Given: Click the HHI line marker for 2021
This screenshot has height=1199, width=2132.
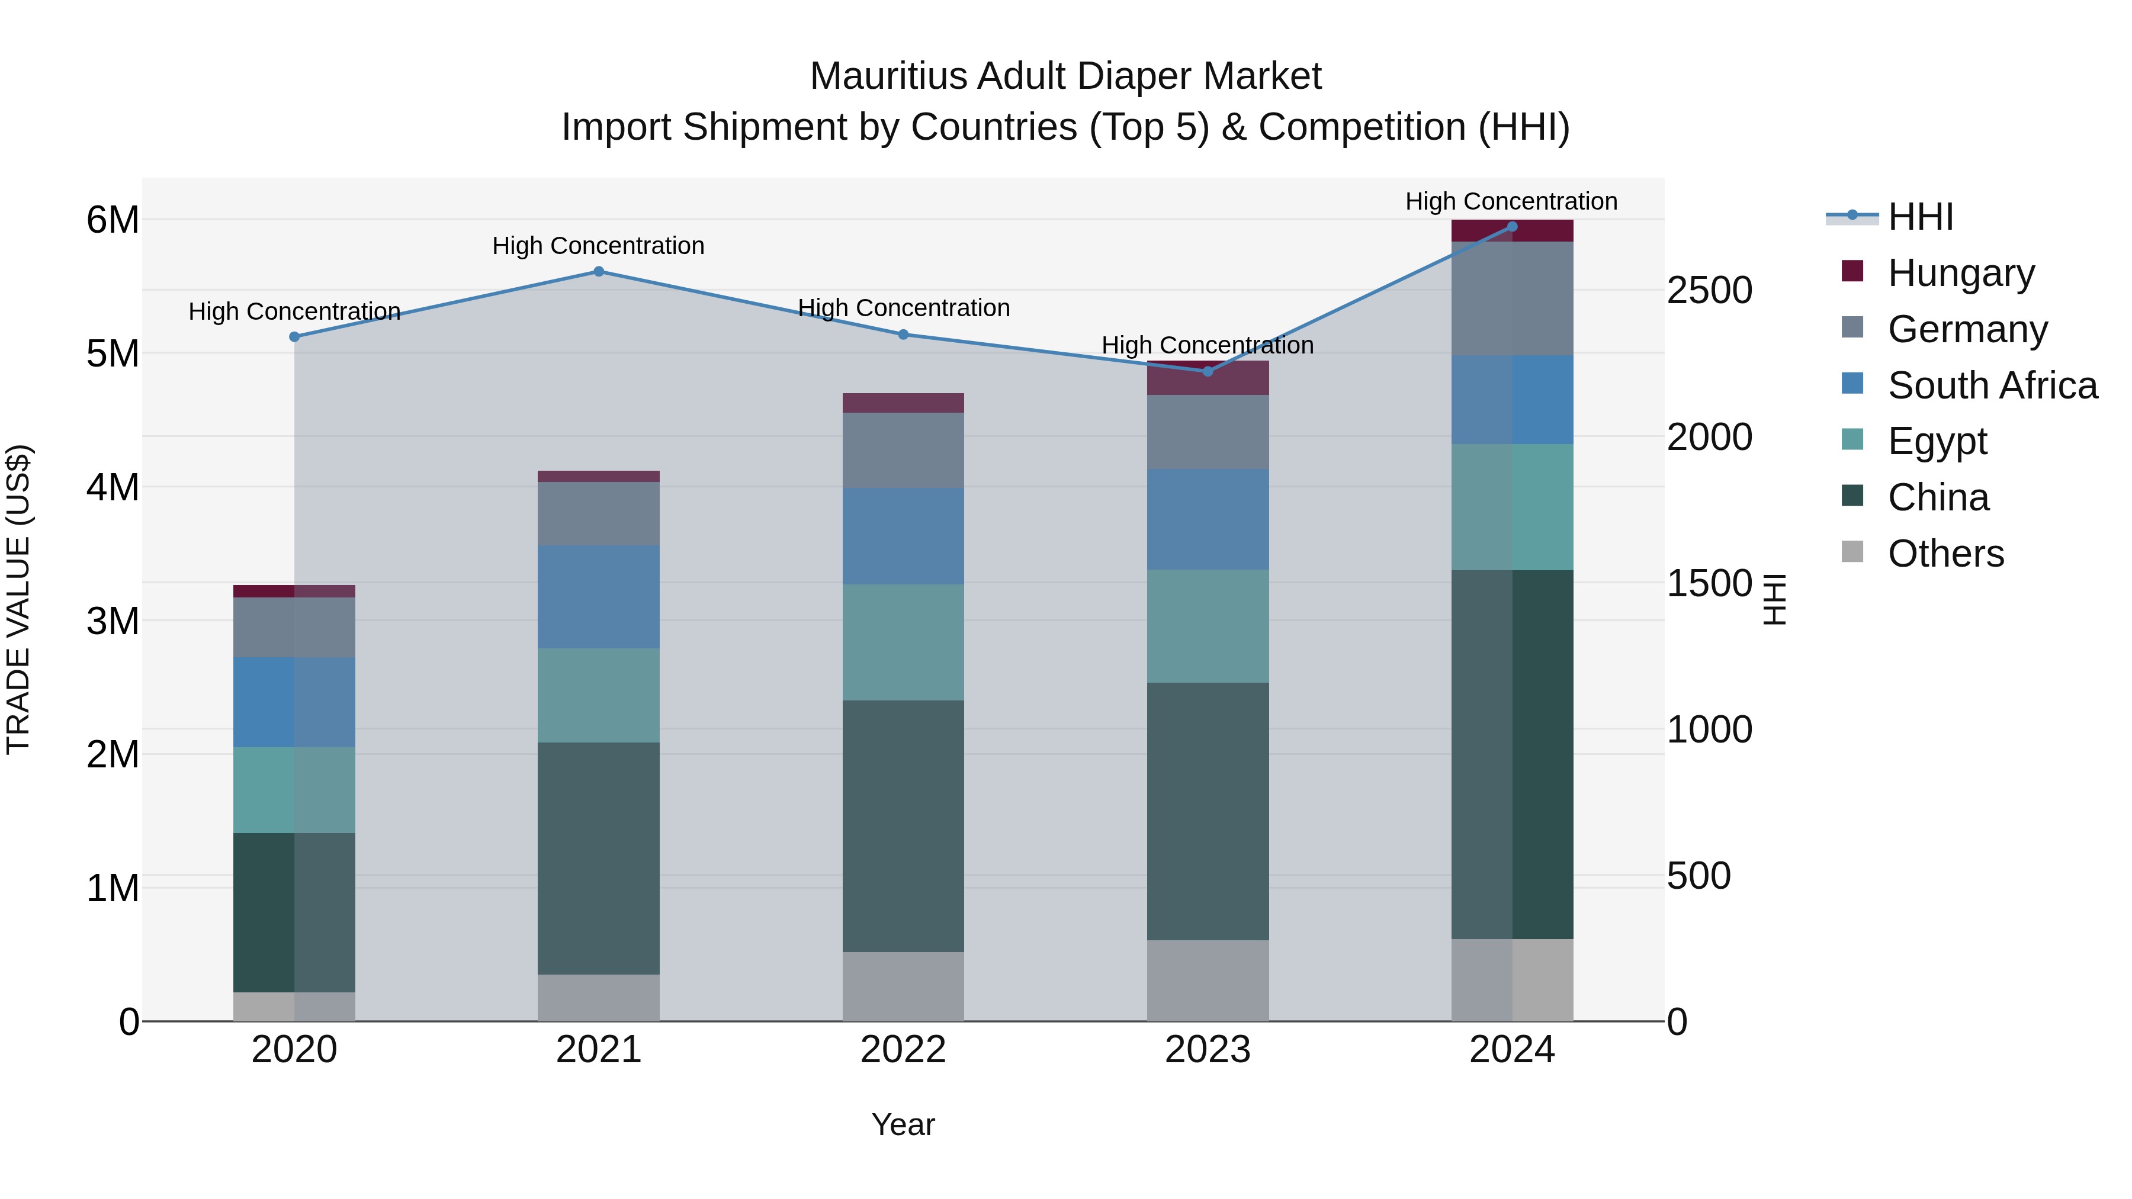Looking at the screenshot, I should [x=598, y=271].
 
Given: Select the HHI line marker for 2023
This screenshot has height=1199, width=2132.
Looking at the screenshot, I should [x=1208, y=371].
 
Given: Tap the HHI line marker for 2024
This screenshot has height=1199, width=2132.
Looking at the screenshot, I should [x=1512, y=227].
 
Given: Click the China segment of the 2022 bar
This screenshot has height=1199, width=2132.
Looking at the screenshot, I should [x=903, y=826].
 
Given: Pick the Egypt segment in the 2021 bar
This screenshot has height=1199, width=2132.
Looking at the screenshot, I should [x=598, y=695].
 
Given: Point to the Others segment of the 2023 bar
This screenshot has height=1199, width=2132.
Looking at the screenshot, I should [x=1208, y=980].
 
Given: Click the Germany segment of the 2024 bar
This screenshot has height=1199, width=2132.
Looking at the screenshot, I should [x=1512, y=298].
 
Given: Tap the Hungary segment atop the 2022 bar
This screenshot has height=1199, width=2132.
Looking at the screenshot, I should [x=903, y=403].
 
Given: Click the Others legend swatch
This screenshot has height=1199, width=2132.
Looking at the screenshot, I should [x=1852, y=552].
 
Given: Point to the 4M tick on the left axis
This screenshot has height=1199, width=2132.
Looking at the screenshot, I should [x=113, y=487].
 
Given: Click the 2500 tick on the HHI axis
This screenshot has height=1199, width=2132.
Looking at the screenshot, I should [x=1709, y=291].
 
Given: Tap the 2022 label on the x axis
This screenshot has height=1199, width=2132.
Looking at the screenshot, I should [x=903, y=1050].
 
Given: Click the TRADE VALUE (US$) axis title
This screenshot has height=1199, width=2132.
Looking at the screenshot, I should [x=19, y=599].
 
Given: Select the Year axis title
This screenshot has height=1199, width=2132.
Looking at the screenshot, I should [x=903, y=1124].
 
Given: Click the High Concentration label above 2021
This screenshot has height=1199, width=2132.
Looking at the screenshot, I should [x=598, y=246].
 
